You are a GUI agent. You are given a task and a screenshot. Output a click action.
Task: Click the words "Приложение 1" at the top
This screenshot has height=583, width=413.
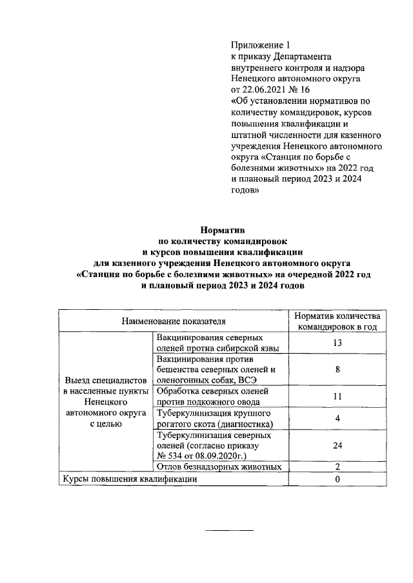[x=261, y=45]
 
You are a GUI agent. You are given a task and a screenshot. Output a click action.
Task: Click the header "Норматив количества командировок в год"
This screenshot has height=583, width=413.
[x=337, y=321]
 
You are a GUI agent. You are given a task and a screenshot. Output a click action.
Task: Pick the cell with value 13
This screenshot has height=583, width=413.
[x=337, y=343]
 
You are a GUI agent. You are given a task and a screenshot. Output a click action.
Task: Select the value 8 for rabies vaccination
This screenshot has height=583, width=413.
[x=337, y=370]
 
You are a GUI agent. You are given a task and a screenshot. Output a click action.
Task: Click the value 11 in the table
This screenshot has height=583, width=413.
[x=337, y=396]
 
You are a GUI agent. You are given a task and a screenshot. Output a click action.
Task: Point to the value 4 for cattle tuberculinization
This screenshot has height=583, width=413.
[x=337, y=418]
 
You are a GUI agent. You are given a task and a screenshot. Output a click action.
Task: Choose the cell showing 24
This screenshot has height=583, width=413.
[x=337, y=445]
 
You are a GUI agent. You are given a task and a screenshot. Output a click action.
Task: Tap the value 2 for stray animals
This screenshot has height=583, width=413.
[x=337, y=466]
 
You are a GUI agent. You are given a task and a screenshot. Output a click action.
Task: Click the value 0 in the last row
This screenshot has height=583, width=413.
[x=337, y=479]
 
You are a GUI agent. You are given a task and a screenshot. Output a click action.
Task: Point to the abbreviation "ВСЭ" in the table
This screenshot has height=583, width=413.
[x=248, y=380]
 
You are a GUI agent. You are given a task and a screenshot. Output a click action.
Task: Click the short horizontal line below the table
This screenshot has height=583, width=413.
[x=230, y=530]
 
